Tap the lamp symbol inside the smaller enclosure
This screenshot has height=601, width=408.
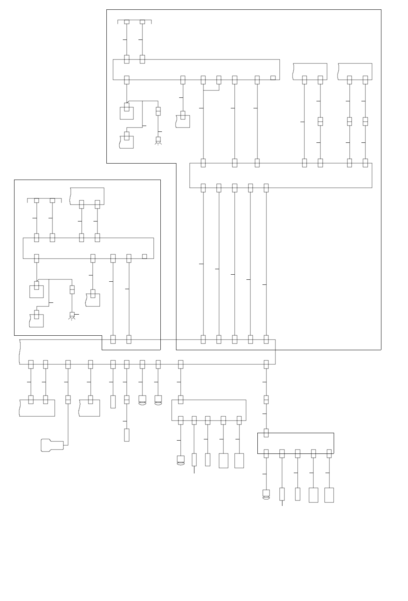[72, 315]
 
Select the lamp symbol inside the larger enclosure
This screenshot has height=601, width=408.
[158, 140]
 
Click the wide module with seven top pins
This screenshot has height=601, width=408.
[280, 175]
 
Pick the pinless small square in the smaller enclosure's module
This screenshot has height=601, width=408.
[144, 256]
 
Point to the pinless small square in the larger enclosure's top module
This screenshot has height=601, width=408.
[273, 78]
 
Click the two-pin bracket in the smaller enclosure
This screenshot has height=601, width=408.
[44, 200]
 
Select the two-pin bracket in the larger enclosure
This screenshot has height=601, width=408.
[135, 21]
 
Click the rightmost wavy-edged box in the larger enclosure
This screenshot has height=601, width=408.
[355, 71]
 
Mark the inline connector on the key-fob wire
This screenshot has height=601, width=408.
[68, 399]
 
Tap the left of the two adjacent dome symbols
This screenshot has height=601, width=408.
[142, 400]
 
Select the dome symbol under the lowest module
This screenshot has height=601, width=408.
[266, 495]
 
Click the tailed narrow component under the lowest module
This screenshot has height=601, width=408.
[282, 494]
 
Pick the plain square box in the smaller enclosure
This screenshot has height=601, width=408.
[36, 291]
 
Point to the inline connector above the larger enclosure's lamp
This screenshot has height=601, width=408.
[158, 111]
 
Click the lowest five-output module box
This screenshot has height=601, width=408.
[295, 443]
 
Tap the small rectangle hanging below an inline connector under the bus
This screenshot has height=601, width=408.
[127, 435]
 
